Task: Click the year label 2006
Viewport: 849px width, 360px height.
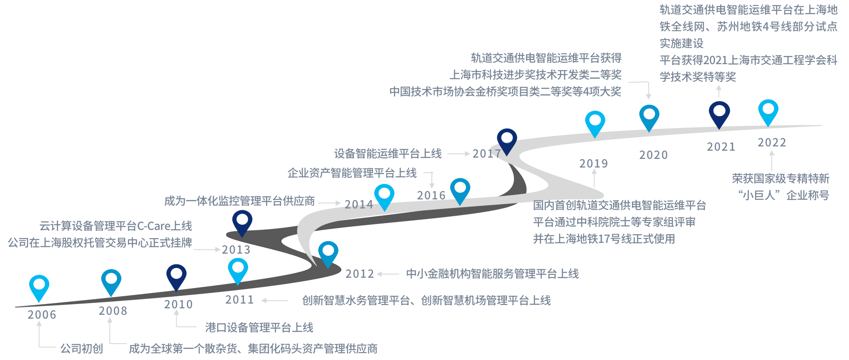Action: [42, 315]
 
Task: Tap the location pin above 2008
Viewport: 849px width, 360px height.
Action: [111, 281]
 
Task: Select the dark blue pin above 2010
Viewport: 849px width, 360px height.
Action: [177, 276]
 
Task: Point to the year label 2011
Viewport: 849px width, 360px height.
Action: [239, 300]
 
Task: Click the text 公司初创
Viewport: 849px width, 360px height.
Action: [81, 348]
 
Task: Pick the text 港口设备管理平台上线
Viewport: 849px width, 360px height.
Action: [259, 328]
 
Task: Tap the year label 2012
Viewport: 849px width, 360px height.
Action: [360, 274]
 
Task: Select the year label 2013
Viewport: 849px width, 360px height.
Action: [236, 250]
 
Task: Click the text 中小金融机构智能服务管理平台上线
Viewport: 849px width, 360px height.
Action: [492, 274]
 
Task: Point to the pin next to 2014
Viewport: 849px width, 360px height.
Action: [384, 196]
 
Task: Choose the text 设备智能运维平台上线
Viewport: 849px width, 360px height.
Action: [388, 154]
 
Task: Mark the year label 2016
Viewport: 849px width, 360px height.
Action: [431, 196]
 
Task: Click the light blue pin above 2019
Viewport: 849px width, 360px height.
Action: [595, 123]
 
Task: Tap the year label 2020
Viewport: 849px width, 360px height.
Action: [653, 155]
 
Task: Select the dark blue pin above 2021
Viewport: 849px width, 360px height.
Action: [719, 113]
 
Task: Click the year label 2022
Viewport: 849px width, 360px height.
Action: [772, 143]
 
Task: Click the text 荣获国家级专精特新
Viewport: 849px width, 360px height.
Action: [781, 179]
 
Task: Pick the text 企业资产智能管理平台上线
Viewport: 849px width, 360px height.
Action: [352, 173]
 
